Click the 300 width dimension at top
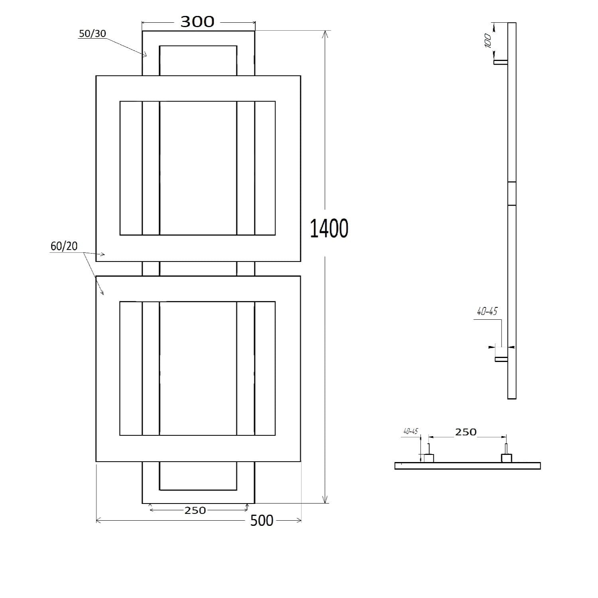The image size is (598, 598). tap(197, 22)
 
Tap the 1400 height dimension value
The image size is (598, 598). tap(329, 228)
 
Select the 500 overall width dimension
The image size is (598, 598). tap(262, 520)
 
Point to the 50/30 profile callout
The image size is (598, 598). tap(92, 33)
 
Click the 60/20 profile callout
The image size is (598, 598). tap(64, 246)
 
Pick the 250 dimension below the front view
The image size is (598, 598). tap(195, 510)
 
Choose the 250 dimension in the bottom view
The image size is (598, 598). tap(466, 432)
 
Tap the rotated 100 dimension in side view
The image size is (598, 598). tap(488, 41)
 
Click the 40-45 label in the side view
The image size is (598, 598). tap(487, 311)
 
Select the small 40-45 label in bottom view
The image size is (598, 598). tap(410, 431)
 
